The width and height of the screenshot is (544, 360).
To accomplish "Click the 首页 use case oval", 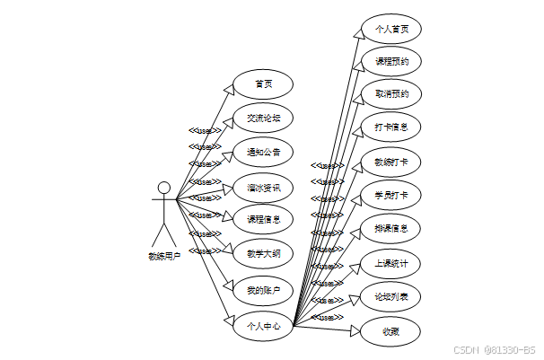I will (263, 83).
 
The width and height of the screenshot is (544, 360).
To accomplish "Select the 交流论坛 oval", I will (263, 118).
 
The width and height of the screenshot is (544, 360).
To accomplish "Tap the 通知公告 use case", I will (263, 152).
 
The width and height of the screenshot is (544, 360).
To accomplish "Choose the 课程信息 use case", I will (263, 219).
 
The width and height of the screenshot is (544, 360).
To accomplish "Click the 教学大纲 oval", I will (263, 254).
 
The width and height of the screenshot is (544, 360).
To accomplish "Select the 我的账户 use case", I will (263, 289).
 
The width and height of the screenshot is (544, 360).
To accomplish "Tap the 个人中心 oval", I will (263, 325).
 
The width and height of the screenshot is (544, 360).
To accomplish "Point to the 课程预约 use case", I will (390, 62).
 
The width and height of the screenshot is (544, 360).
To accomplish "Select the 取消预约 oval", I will (390, 94).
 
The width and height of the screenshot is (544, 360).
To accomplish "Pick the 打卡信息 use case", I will (390, 127).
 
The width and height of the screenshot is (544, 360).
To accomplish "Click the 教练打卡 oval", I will (390, 162).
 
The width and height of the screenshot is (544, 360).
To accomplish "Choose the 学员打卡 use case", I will (390, 195).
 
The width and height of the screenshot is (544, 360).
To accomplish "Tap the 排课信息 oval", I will (390, 228).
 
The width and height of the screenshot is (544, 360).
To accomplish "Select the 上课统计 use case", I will (390, 262).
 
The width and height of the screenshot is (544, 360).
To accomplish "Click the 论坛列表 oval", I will (390, 295).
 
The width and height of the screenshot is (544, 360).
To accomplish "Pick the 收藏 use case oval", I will (390, 330).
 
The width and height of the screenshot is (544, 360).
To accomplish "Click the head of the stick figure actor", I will (163, 188).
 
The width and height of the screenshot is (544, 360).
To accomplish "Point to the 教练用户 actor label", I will (164, 256).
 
